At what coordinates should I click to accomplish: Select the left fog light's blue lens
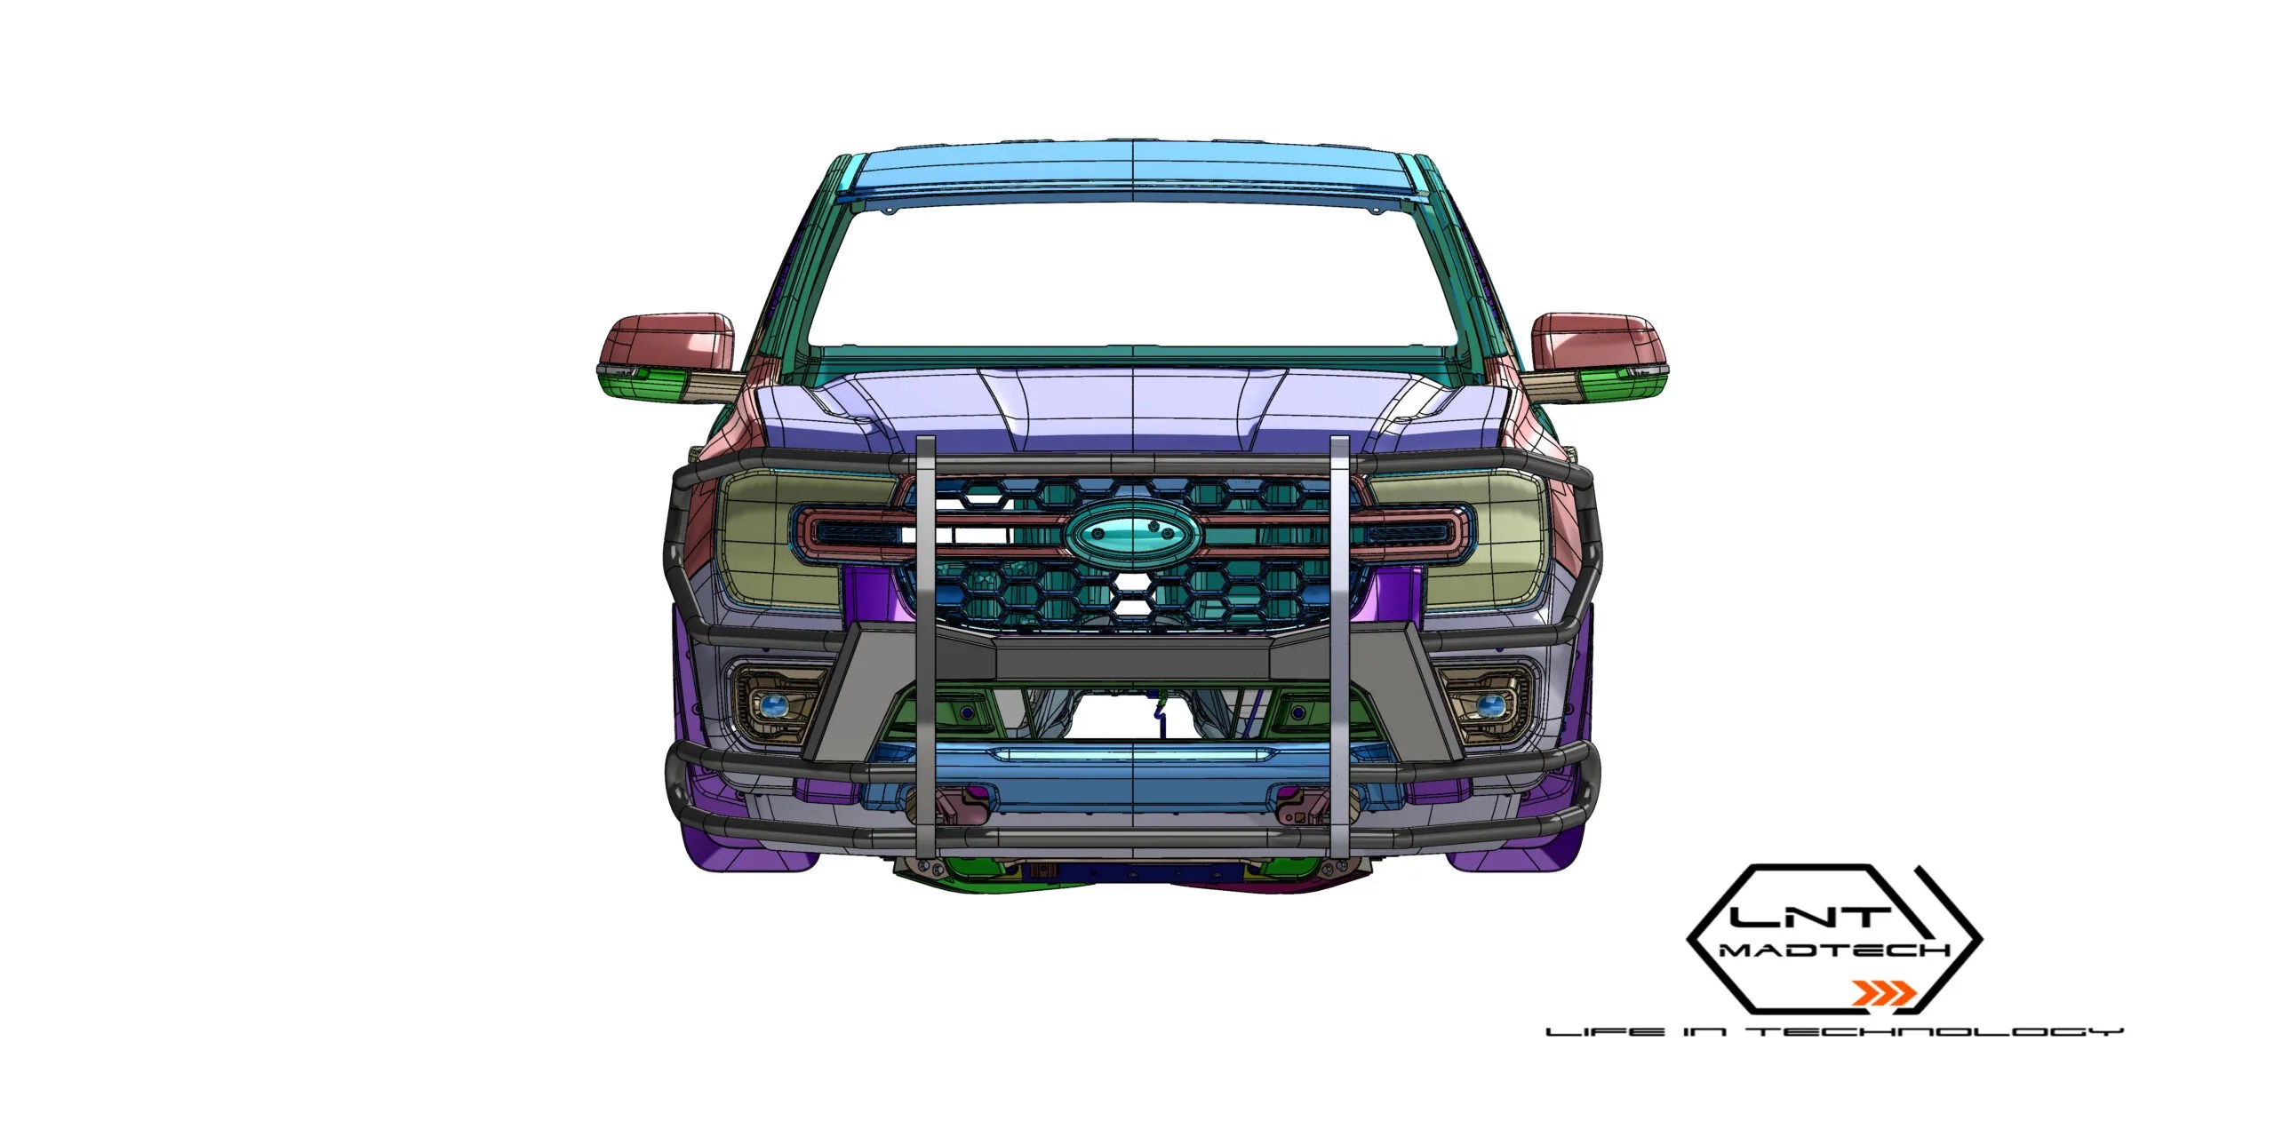(x=773, y=706)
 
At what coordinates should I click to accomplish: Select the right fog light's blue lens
(x=1490, y=706)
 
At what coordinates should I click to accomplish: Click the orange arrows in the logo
(x=1883, y=992)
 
